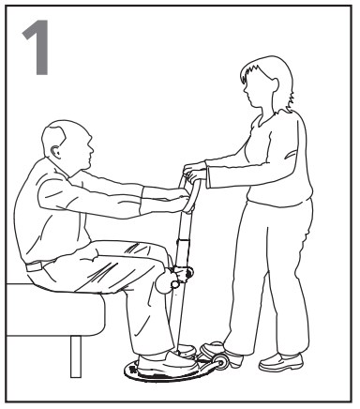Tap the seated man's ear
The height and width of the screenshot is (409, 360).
[x=56, y=151]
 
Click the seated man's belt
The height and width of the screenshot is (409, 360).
[x=36, y=265]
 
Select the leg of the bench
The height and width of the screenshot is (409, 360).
[x=76, y=356]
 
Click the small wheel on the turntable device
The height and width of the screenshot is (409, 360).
[x=221, y=363]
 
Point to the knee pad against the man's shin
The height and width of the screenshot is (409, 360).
[x=165, y=280]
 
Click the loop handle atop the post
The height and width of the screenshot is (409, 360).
[x=190, y=194]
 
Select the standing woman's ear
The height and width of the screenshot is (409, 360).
[x=275, y=83]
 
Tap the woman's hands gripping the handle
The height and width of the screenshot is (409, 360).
[x=195, y=173]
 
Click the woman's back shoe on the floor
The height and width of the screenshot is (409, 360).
[x=281, y=362]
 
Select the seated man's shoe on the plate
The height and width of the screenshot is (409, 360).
[x=167, y=363]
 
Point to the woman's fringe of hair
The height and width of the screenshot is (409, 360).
[x=250, y=73]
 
